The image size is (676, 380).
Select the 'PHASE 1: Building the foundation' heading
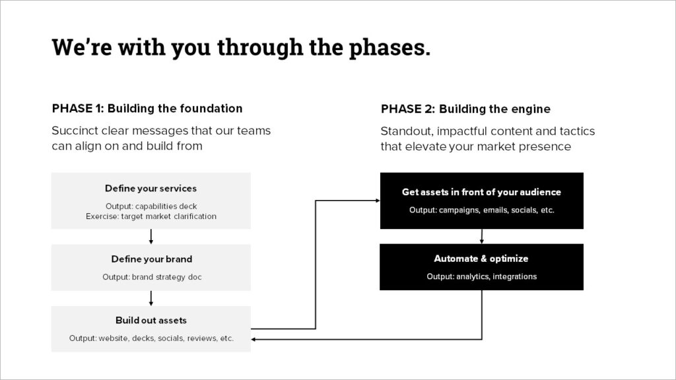[x=147, y=108]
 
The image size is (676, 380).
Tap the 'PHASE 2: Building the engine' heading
[x=465, y=109]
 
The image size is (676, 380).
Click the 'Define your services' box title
[x=151, y=189]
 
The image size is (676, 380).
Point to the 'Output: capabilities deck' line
[x=151, y=206]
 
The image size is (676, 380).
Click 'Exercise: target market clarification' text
[x=151, y=216]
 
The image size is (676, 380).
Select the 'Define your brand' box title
[x=151, y=259]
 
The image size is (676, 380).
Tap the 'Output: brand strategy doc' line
[x=151, y=277]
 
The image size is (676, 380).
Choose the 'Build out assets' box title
[x=151, y=321]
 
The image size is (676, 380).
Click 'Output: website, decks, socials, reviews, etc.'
[x=151, y=338]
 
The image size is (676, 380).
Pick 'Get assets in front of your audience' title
[x=481, y=192]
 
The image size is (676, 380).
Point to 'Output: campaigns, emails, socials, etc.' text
[x=481, y=210]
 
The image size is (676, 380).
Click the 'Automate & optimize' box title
[x=481, y=259]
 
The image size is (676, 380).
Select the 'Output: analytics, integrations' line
[x=481, y=276]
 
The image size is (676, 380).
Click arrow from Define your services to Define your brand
[x=151, y=236]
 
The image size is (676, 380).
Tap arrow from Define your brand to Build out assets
[x=151, y=298]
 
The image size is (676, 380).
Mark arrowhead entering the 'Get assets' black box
[x=377, y=200]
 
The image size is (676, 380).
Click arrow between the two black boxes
[x=482, y=236]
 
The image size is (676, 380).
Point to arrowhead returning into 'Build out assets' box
[x=255, y=340]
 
